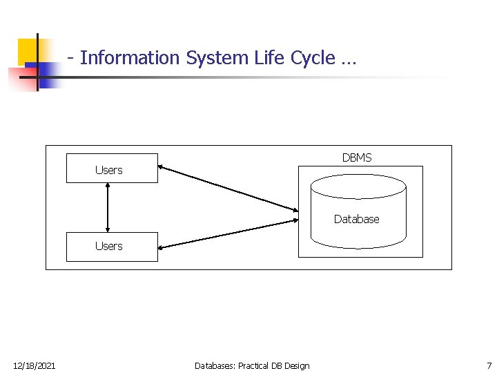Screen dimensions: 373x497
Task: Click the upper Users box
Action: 112,168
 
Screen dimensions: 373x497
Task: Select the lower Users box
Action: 112,247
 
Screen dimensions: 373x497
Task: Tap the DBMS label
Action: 356,157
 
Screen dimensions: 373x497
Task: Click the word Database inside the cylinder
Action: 356,219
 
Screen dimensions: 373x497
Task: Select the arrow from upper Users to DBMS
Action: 228,188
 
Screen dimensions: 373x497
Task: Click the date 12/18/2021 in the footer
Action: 35,365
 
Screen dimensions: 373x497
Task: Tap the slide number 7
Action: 489,365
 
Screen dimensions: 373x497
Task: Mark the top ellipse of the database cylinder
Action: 358,186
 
